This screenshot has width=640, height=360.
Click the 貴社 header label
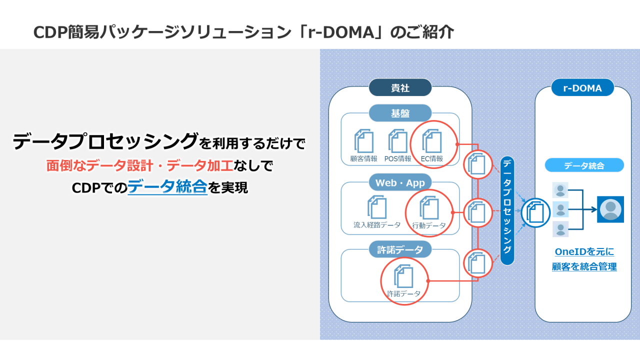[400, 88]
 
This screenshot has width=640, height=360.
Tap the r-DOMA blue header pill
[582, 88]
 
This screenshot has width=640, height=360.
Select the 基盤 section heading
[400, 113]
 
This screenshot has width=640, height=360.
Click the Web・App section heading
[400, 183]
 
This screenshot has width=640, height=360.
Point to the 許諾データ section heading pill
[400, 249]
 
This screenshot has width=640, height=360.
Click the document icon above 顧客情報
[364, 141]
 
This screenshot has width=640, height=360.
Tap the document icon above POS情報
[398, 141]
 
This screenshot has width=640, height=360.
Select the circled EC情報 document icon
[432, 141]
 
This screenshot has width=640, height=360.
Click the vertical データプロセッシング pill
[507, 210]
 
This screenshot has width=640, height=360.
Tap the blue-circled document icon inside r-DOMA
[535, 213]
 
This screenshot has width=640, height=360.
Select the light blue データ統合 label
[584, 165]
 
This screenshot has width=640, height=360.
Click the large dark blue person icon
[610, 209]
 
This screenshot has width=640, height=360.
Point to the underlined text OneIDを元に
[584, 251]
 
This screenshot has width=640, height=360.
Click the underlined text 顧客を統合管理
[584, 267]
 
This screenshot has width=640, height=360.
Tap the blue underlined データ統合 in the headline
[167, 187]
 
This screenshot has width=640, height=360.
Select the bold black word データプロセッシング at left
[105, 142]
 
